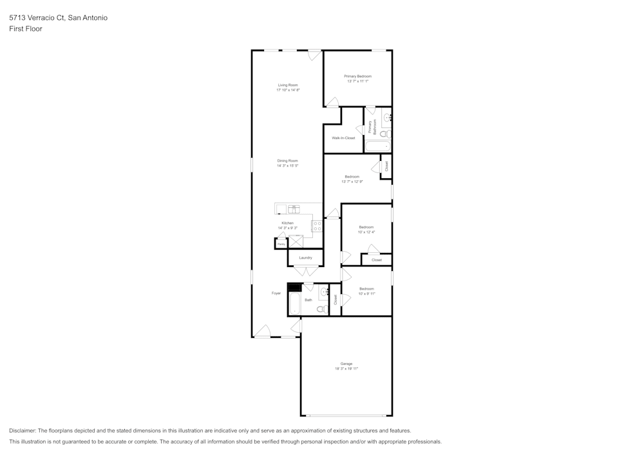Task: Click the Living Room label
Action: (x=288, y=85)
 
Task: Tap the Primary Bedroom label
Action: (x=357, y=76)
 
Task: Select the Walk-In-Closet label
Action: (x=343, y=138)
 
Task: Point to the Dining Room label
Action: (x=288, y=160)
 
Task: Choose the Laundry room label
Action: (x=305, y=257)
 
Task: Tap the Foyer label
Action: (x=276, y=293)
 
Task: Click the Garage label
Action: (x=346, y=364)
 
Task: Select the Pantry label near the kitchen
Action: (x=281, y=245)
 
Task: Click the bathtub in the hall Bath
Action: (x=295, y=304)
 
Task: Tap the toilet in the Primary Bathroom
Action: (x=384, y=135)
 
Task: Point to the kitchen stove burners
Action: (x=317, y=225)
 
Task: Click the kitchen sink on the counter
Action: (x=294, y=209)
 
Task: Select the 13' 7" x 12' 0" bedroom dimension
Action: (x=352, y=182)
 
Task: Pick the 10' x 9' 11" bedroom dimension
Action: (x=366, y=294)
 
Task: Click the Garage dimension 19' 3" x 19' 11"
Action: (x=346, y=369)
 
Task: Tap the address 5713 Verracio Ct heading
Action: (x=58, y=18)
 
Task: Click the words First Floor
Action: (x=26, y=29)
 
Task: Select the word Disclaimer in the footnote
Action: (x=23, y=431)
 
